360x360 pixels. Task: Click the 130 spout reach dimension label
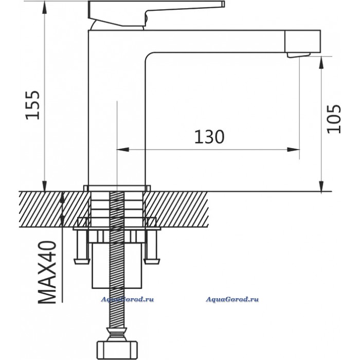[x=209, y=137]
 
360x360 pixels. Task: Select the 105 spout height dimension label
[x=334, y=119]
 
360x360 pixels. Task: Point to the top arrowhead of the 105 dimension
[x=322, y=61]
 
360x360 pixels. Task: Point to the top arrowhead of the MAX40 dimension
[x=63, y=196]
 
